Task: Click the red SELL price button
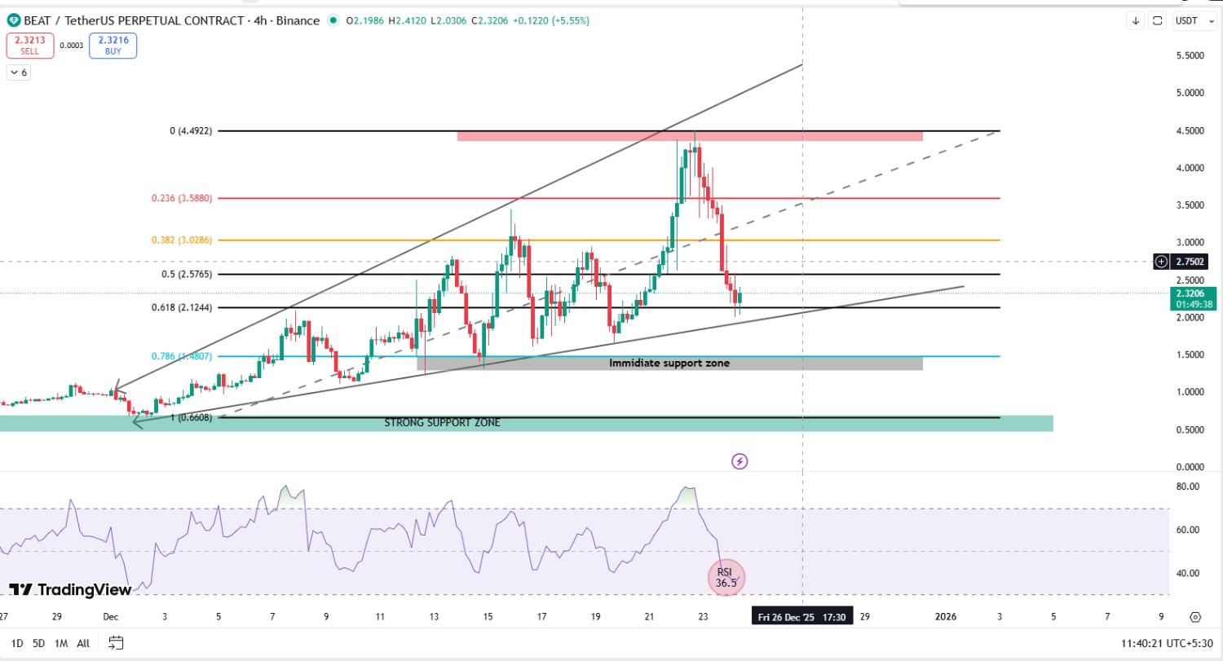click(x=30, y=46)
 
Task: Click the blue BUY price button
click(x=113, y=46)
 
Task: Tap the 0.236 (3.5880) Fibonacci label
click(x=182, y=198)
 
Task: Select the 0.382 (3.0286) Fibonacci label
click(x=182, y=240)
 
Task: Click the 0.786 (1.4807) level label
click(x=182, y=356)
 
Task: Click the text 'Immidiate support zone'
click(x=669, y=363)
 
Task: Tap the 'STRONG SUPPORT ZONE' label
click(x=442, y=423)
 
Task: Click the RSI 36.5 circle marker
click(x=726, y=577)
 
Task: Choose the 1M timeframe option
click(x=61, y=643)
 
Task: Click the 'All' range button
click(x=83, y=643)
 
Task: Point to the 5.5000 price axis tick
click(x=1190, y=55)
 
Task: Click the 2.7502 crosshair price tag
click(x=1190, y=262)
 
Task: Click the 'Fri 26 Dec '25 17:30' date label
click(x=802, y=617)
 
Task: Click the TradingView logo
click(x=70, y=589)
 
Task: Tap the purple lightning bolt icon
click(x=740, y=461)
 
